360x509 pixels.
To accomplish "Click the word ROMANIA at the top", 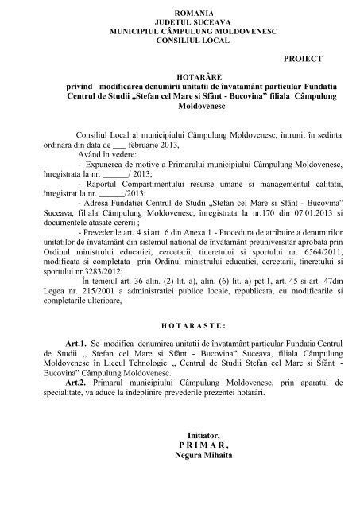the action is click(x=180, y=9).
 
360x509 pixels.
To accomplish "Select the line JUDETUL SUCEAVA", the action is click(x=180, y=19).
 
